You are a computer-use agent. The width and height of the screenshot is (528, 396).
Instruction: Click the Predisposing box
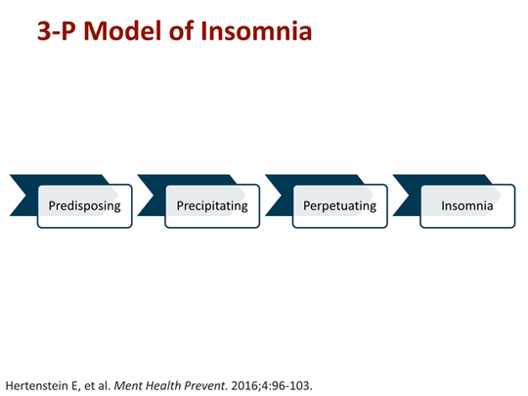pyautogui.click(x=85, y=206)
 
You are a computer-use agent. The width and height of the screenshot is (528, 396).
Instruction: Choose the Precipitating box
pyautogui.click(x=212, y=206)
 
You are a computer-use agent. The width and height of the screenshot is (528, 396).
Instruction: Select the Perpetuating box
pyautogui.click(x=339, y=206)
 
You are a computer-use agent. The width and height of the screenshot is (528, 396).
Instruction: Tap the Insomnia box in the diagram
pyautogui.click(x=466, y=206)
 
